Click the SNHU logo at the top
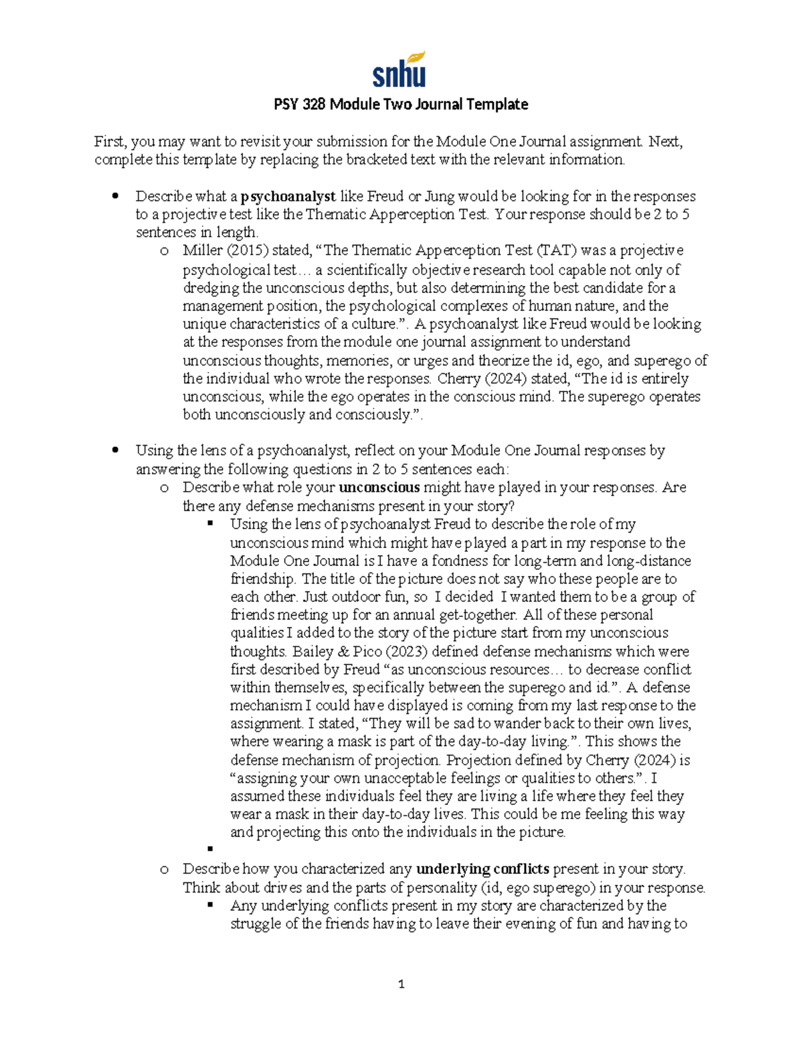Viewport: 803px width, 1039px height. (399, 70)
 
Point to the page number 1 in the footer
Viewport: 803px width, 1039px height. (401, 984)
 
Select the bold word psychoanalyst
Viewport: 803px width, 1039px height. (288, 197)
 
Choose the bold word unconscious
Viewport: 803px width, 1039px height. (379, 488)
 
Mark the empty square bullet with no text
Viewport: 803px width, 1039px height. (210, 849)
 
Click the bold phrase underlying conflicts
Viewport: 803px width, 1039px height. (482, 869)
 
